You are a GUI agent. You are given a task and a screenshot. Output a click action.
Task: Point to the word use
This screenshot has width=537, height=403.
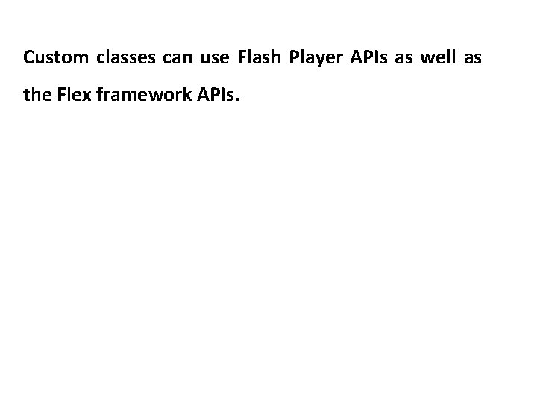pyautogui.click(x=216, y=57)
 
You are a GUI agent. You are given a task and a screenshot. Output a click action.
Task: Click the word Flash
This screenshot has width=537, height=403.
pyautogui.click(x=259, y=57)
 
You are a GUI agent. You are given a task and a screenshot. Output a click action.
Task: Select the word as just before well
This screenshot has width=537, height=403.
pyautogui.click(x=403, y=57)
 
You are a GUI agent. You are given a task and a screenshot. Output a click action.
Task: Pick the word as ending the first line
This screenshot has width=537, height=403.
pyautogui.click(x=473, y=57)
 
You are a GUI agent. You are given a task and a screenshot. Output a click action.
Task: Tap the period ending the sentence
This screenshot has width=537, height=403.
pyautogui.click(x=239, y=100)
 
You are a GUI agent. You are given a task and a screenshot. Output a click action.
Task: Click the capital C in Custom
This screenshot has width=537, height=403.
pyautogui.click(x=28, y=57)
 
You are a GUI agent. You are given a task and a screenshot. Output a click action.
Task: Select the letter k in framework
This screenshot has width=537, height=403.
pyautogui.click(x=175, y=95)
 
